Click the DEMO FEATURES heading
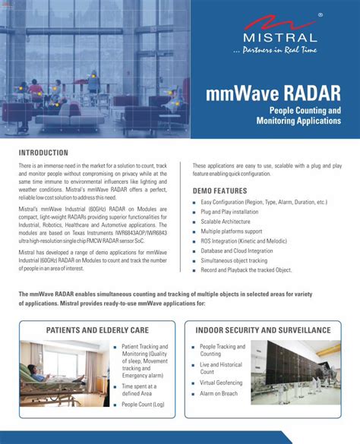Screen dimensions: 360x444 click(219, 191)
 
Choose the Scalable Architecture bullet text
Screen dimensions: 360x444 click(232, 222)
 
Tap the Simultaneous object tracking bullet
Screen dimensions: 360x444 click(239, 260)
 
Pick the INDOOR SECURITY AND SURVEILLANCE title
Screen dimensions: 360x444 click(263, 330)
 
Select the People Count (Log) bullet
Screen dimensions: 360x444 click(143, 405)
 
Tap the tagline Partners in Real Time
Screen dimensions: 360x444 click(275, 51)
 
